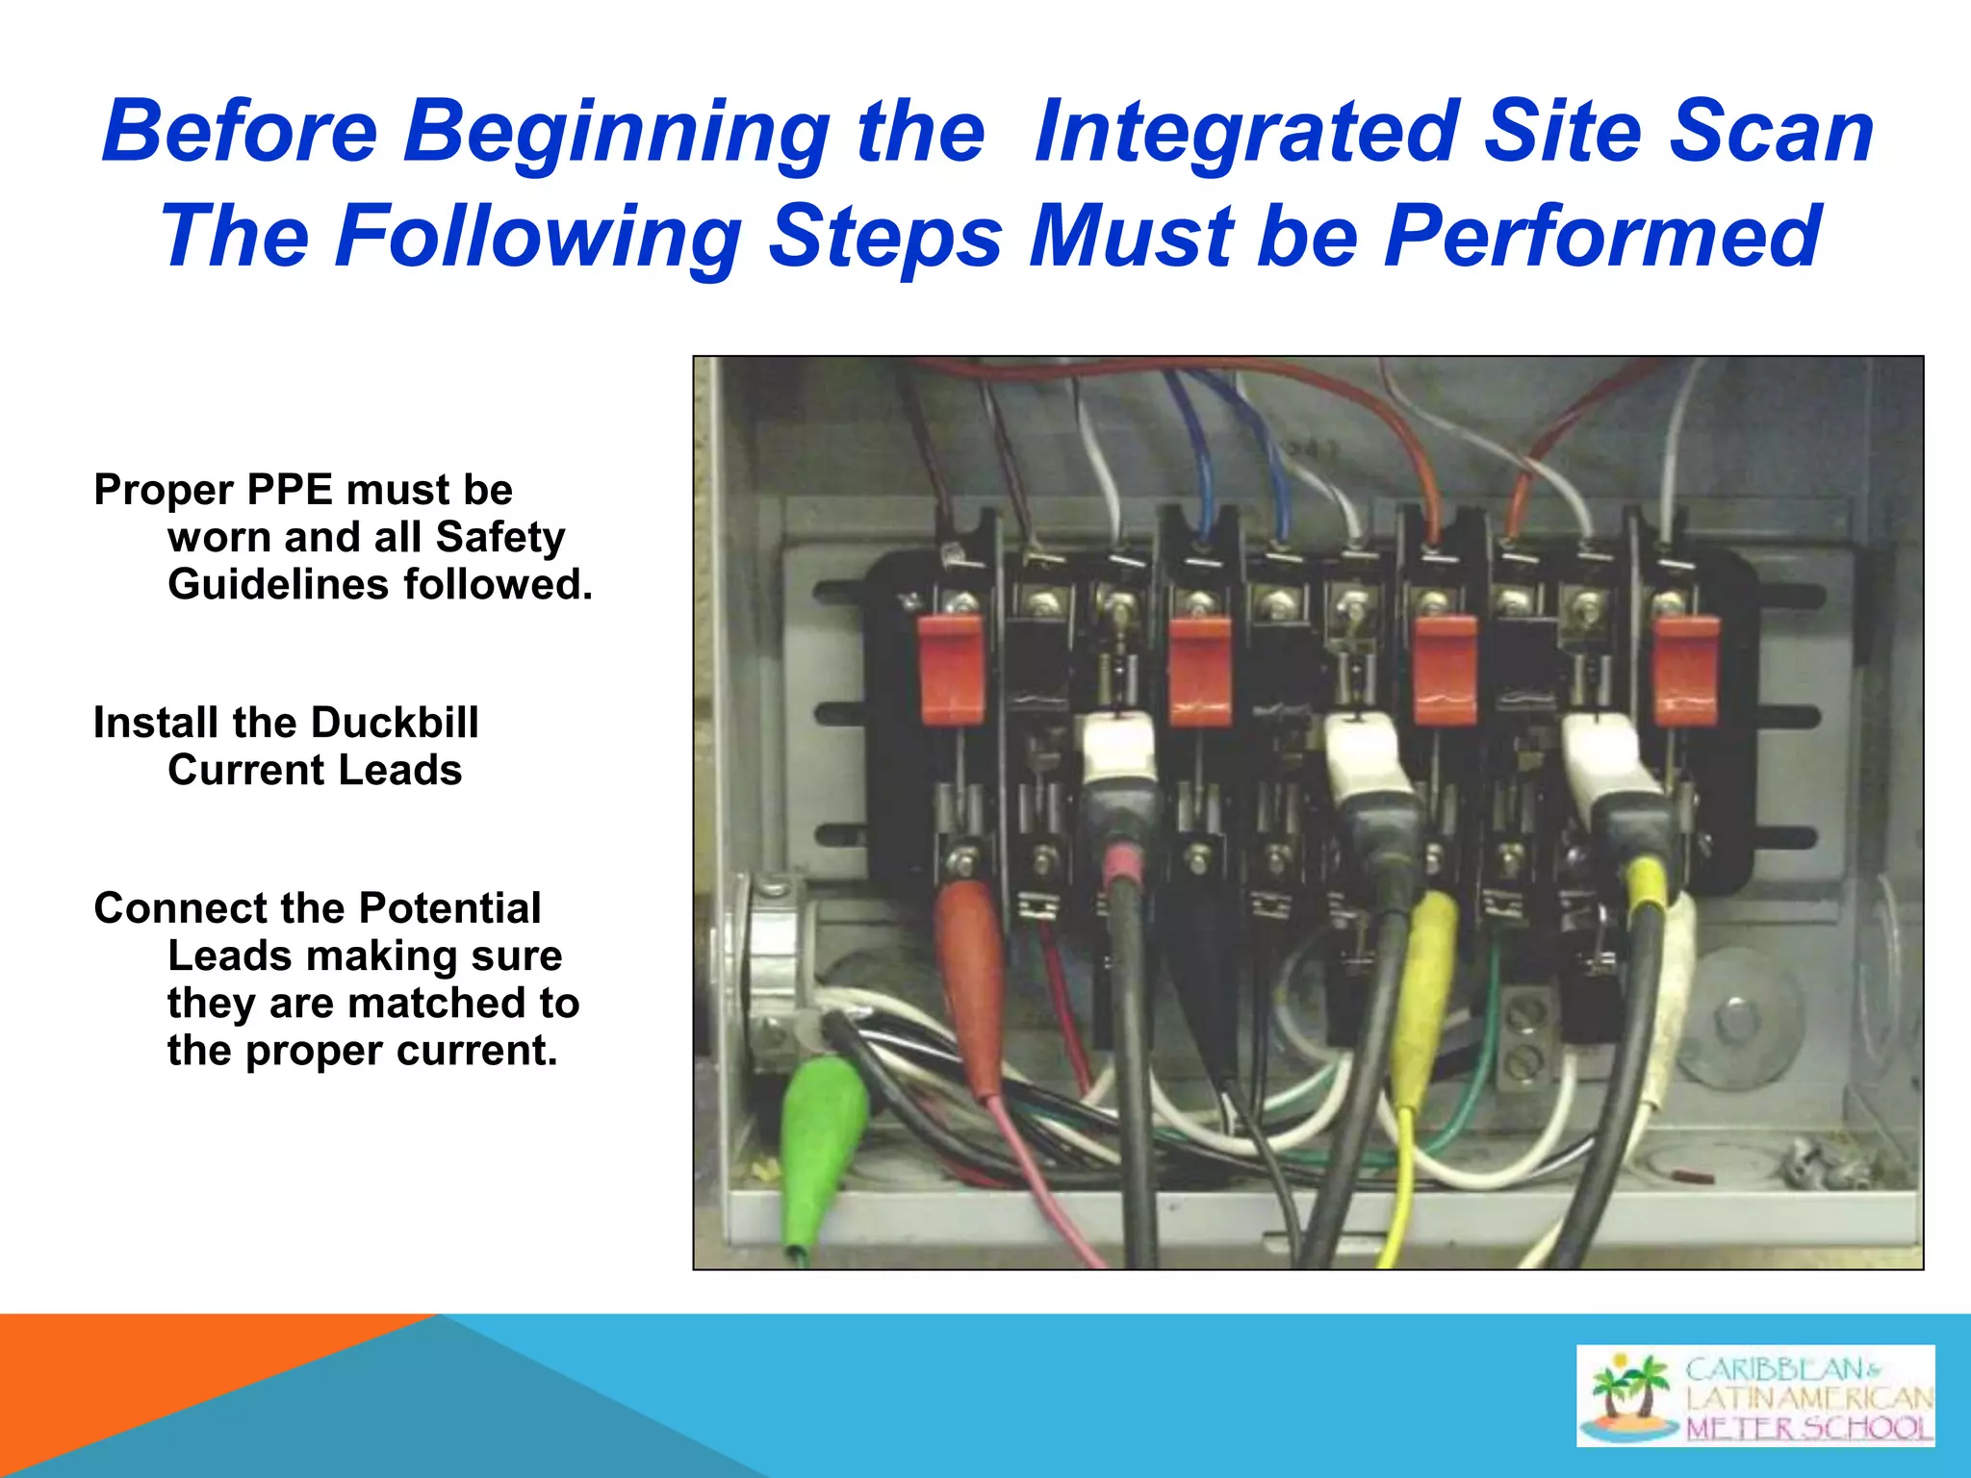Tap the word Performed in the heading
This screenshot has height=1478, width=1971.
[x=1601, y=237]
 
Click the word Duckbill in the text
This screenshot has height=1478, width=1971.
[x=395, y=723]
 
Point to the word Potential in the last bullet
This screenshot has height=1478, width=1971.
[x=449, y=908]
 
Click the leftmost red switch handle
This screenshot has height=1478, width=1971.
[x=950, y=670]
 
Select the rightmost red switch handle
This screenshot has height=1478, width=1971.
[x=1685, y=671]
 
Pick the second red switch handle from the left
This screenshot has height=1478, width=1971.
[x=1200, y=671]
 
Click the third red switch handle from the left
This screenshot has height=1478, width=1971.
[x=1446, y=671]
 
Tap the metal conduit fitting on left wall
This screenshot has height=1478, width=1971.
[x=770, y=972]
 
